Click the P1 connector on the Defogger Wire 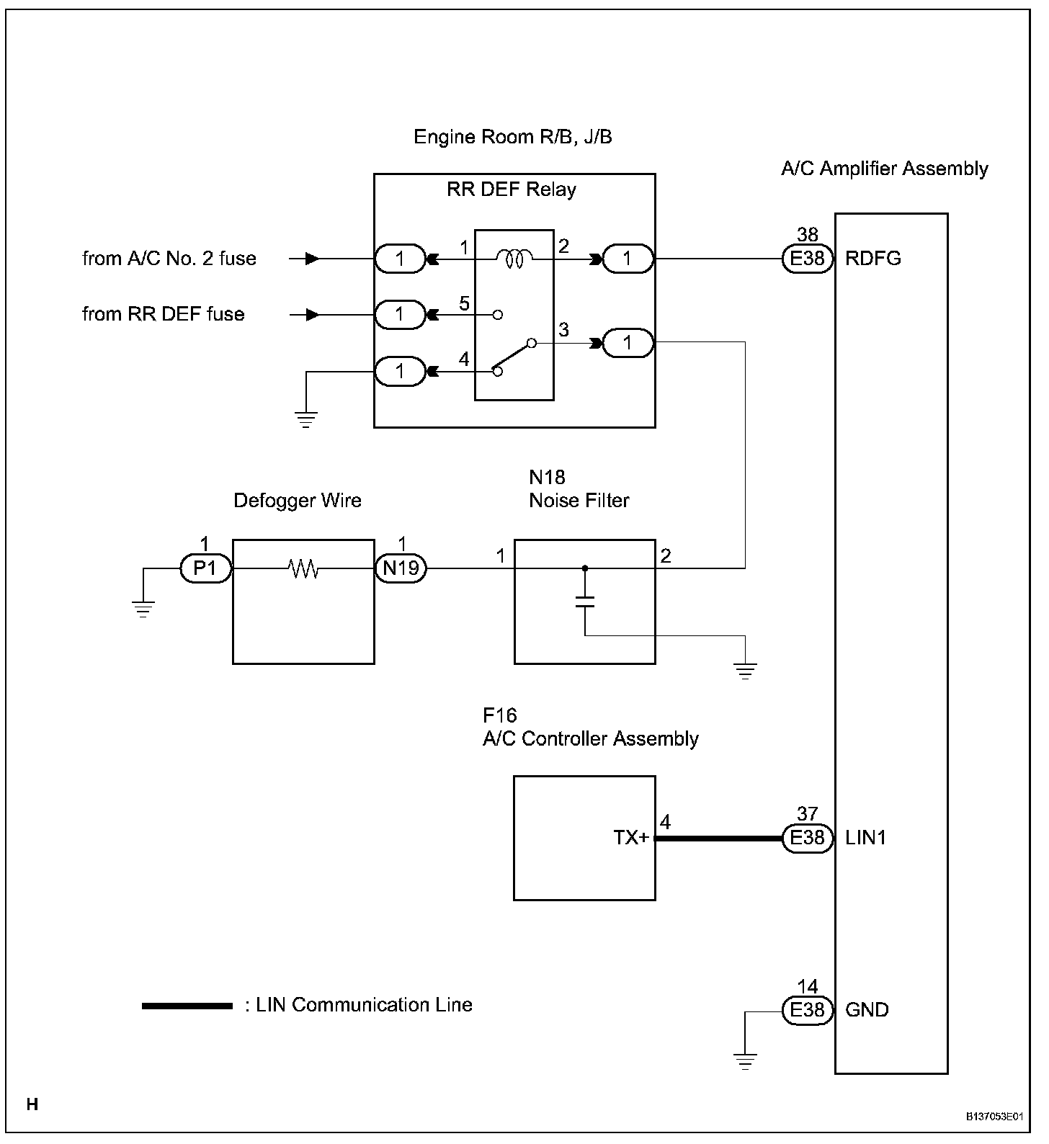click(x=205, y=569)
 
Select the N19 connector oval click(x=401, y=569)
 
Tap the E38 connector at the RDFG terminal click(x=807, y=259)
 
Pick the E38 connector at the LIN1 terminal click(x=807, y=838)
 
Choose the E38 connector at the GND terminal click(x=807, y=1010)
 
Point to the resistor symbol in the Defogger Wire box click(x=303, y=569)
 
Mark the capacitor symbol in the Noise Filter click(x=585, y=602)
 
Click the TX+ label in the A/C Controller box click(x=631, y=838)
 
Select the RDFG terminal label click(x=872, y=259)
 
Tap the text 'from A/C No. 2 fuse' click(x=169, y=259)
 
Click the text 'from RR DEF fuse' click(x=164, y=314)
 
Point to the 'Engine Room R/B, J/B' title click(x=512, y=137)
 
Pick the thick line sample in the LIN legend click(x=187, y=1006)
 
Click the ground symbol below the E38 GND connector click(x=745, y=1060)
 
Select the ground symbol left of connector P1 click(x=144, y=609)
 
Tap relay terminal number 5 click(x=464, y=304)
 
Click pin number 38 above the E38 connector click(x=808, y=234)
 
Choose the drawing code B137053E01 click(x=994, y=1117)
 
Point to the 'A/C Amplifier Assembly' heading click(x=884, y=169)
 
